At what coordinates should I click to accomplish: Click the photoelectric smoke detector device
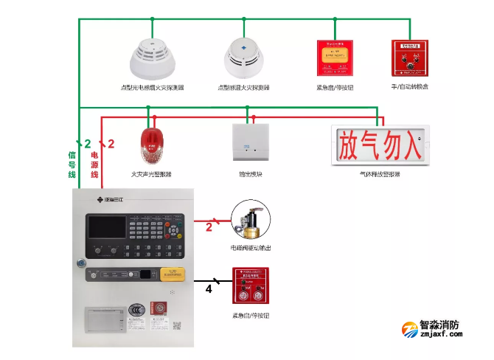click(x=152, y=60)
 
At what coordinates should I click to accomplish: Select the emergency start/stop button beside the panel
click(x=250, y=286)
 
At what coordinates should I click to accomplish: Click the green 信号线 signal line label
click(x=72, y=165)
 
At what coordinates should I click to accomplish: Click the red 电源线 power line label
click(x=94, y=165)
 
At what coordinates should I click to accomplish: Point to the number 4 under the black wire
click(x=209, y=290)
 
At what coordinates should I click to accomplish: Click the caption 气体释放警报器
click(x=379, y=174)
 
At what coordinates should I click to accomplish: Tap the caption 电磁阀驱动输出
click(x=250, y=249)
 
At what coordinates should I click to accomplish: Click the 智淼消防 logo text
click(x=439, y=325)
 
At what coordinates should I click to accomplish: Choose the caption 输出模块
click(x=251, y=174)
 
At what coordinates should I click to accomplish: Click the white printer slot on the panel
click(x=104, y=318)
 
